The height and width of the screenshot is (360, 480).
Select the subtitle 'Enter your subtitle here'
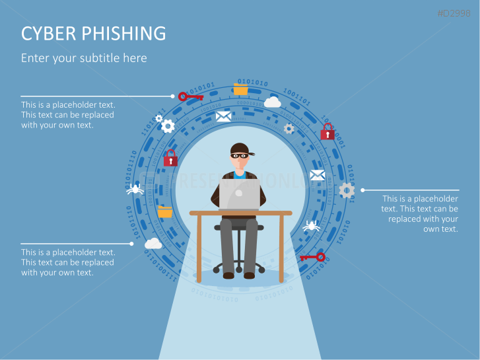(x=84, y=58)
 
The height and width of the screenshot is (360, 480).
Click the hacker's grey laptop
(x=240, y=194)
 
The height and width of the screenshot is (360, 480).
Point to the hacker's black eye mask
(x=240, y=156)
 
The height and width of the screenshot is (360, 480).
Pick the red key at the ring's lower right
(x=312, y=256)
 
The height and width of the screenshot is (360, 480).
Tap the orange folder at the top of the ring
(x=240, y=89)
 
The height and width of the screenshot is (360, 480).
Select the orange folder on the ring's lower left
(x=164, y=211)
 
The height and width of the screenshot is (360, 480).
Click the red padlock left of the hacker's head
(x=170, y=158)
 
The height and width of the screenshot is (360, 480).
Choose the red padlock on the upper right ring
(x=327, y=131)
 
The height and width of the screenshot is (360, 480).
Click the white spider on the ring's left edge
(x=135, y=190)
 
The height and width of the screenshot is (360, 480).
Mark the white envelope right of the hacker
(x=318, y=175)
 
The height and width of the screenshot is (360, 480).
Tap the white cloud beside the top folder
(x=273, y=102)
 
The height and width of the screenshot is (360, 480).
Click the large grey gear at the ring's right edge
(x=347, y=190)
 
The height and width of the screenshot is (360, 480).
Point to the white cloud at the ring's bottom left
(x=153, y=243)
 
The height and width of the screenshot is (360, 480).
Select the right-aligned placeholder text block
(x=420, y=213)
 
